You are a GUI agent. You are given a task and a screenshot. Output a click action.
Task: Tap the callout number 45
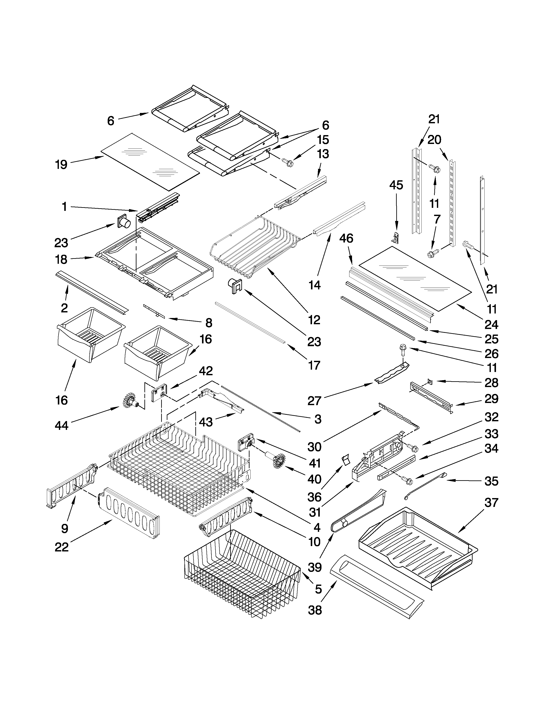pyautogui.click(x=396, y=185)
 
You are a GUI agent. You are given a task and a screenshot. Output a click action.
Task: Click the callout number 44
pyautogui.click(x=62, y=425)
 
